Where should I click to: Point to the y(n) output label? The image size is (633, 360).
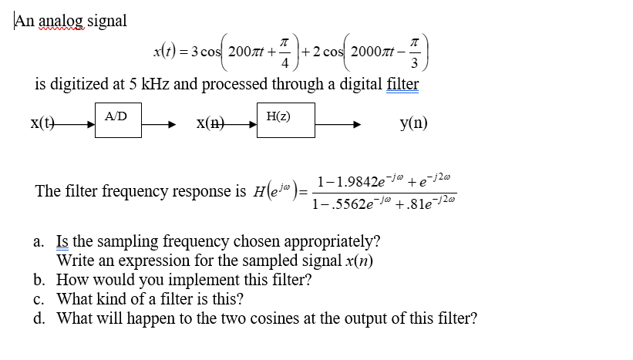click(413, 123)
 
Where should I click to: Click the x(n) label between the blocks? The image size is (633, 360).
click(210, 123)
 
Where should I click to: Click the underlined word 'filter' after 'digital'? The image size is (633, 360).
click(402, 83)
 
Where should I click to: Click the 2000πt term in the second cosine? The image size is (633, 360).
click(375, 52)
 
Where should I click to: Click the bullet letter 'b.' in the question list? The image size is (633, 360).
click(40, 280)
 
